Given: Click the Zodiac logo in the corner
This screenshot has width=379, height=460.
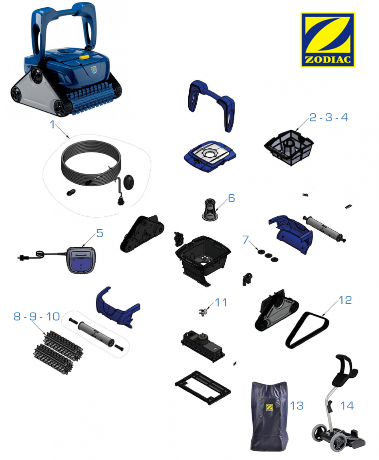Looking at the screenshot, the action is tap(327, 40).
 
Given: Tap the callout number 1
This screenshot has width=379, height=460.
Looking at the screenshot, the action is tap(52, 124).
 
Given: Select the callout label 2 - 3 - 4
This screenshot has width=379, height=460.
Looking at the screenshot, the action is tap(329, 117).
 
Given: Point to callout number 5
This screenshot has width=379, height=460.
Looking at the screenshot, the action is tap(100, 234).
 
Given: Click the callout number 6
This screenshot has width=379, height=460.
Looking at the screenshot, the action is tap(232, 198).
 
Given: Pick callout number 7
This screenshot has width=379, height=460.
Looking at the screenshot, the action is tap(246, 239).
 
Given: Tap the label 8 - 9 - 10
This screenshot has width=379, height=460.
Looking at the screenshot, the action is tap(37, 316).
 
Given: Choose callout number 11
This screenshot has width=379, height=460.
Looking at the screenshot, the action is tap(221, 303).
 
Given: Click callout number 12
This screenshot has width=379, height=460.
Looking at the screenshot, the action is tap(345, 300).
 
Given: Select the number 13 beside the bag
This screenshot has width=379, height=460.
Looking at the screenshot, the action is tap(296, 406).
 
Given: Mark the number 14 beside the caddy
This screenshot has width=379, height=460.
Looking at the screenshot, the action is tap(347, 406).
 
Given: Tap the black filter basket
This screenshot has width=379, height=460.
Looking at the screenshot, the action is tap(289, 147).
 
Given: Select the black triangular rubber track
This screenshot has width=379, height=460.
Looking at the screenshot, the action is tap(307, 330).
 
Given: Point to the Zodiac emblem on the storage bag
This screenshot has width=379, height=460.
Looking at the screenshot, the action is tap(269, 407).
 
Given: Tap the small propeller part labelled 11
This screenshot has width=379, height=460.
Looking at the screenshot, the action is tap(203, 312).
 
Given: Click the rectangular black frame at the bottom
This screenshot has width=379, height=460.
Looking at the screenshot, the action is tap(203, 387).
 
